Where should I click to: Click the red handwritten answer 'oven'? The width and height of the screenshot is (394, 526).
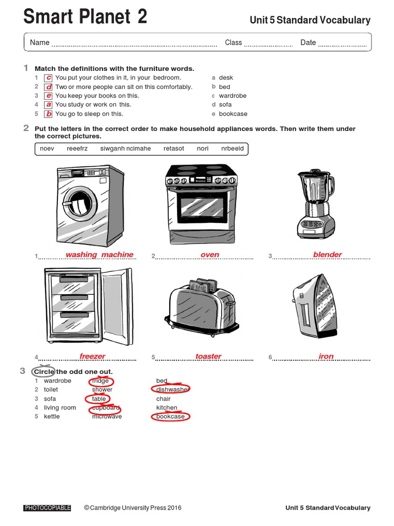[x=210, y=255]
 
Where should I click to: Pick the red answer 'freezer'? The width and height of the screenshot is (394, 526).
[x=92, y=356]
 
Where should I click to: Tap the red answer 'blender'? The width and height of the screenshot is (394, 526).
[x=327, y=255]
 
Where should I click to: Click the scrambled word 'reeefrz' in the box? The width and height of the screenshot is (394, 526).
[x=77, y=148]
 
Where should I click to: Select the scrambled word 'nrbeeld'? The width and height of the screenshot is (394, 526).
[x=233, y=148]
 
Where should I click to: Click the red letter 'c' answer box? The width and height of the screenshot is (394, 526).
[x=48, y=78]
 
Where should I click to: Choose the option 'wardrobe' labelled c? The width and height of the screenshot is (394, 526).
[x=232, y=96]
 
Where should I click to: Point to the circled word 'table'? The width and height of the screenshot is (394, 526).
[x=98, y=399]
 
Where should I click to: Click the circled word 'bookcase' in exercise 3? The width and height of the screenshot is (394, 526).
[x=170, y=416]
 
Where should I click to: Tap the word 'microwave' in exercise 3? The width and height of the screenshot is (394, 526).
[x=107, y=417]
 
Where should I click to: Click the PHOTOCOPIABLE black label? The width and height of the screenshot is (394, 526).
[x=47, y=508]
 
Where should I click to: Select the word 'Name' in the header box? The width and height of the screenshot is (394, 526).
[x=40, y=43]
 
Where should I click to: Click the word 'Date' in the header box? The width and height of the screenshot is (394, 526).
[x=308, y=43]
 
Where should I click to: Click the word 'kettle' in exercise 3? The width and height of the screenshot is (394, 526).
[x=52, y=417]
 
